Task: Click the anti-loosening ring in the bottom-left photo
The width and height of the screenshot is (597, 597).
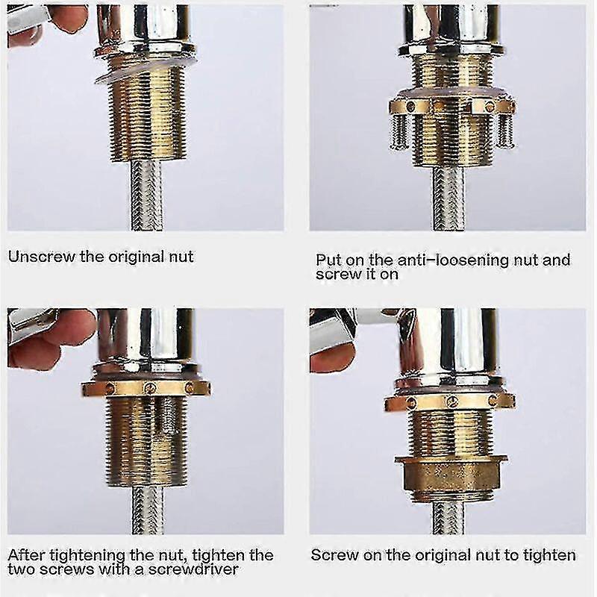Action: [x=146, y=388]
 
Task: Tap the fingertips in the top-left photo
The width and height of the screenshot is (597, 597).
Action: [x=63, y=19]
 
